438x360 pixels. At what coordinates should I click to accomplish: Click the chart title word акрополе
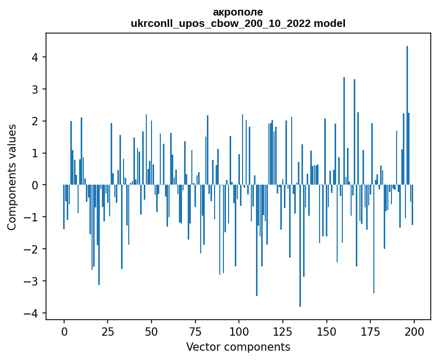point(238,12)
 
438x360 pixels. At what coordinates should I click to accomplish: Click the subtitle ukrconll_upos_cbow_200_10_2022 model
point(238,23)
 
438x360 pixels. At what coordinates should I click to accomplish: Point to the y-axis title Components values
point(11,177)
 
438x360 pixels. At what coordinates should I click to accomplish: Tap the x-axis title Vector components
point(238,347)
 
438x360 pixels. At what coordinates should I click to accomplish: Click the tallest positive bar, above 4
point(407,115)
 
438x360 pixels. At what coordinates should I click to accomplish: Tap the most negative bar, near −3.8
point(300,246)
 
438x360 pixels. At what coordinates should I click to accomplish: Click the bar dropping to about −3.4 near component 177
point(374,239)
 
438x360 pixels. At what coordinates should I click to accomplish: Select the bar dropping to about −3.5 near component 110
point(256,240)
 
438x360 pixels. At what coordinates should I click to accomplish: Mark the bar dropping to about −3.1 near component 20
point(99,234)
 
